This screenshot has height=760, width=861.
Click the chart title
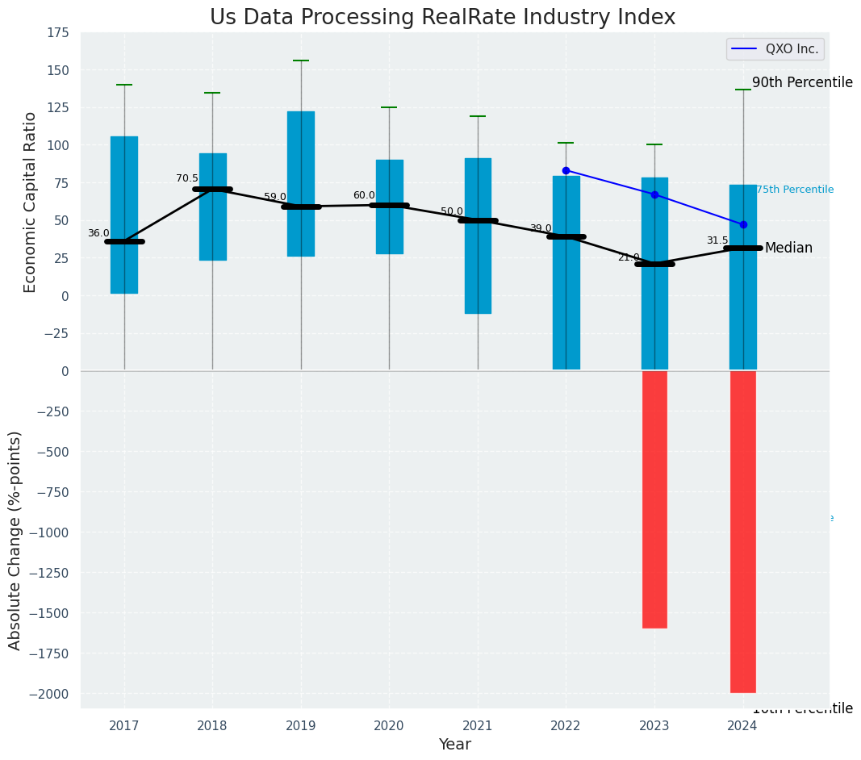tap(442, 18)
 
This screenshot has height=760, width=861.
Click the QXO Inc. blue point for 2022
tap(566, 170)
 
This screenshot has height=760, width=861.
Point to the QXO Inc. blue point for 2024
tap(743, 224)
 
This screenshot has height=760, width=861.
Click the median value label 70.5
tap(187, 178)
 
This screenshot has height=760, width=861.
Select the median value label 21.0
tap(629, 257)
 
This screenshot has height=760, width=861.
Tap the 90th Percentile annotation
tap(802, 82)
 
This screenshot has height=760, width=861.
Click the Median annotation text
tap(788, 248)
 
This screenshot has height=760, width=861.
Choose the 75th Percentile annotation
tap(795, 190)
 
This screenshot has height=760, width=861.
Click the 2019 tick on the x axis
tap(301, 726)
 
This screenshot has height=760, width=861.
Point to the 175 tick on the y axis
tap(57, 33)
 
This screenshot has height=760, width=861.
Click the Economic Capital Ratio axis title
tap(31, 202)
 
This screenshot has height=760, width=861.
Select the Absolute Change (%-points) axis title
tap(15, 540)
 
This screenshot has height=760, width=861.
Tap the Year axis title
tap(454, 745)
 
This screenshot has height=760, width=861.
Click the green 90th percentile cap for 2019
tap(301, 61)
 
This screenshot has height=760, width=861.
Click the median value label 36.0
tap(98, 233)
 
